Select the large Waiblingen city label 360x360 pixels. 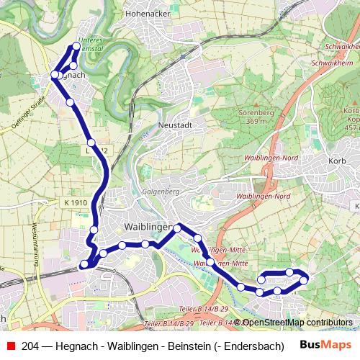(x=148, y=227)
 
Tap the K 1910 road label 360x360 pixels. (x=75, y=203)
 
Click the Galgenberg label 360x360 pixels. (x=160, y=192)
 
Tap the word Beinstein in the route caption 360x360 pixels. (x=189, y=345)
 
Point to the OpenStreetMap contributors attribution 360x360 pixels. (x=297, y=323)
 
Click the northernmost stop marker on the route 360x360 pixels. (x=76, y=47)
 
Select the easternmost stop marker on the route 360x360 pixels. (x=304, y=279)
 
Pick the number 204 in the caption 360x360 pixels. (x=31, y=345)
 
